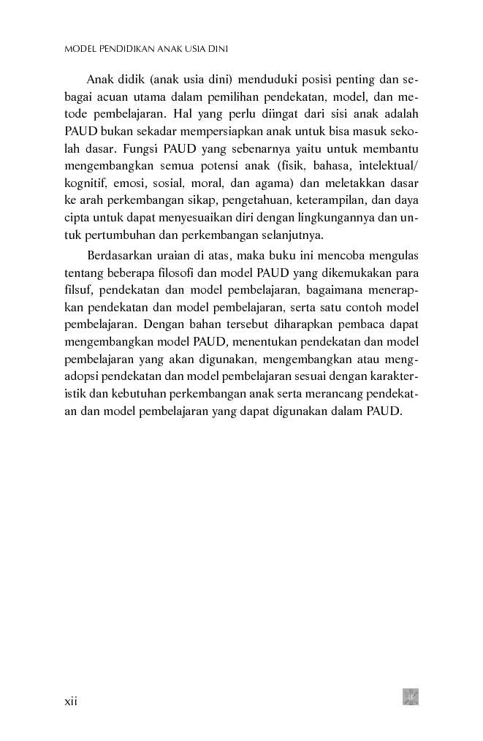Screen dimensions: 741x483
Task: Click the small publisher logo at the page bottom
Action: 410,696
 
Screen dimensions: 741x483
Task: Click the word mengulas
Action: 393,255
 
